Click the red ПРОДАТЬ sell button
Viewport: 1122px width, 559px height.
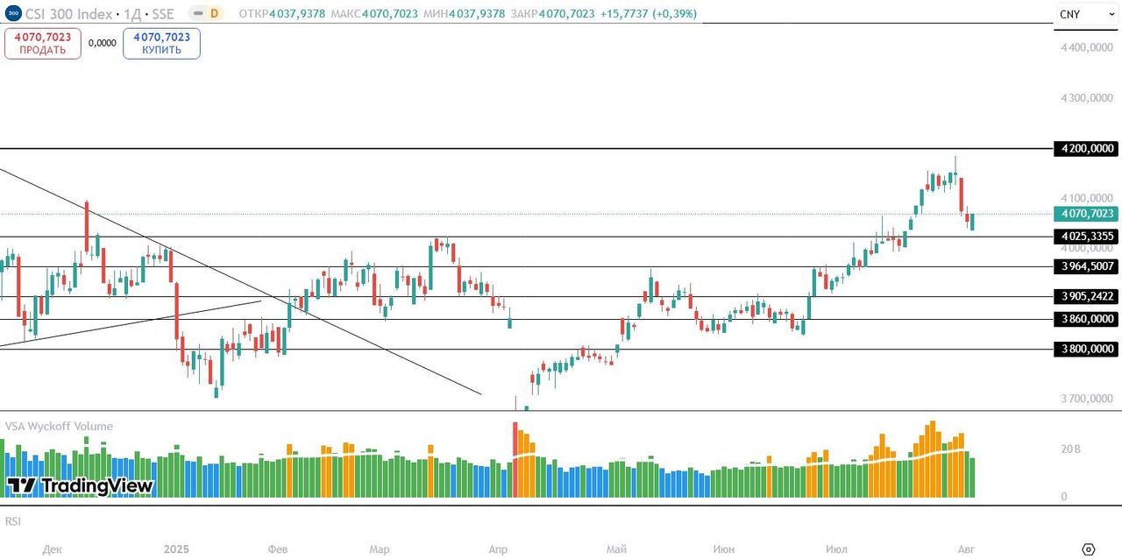click(42, 43)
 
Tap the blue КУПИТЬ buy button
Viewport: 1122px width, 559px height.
click(161, 43)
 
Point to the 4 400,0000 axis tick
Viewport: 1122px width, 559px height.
click(1087, 47)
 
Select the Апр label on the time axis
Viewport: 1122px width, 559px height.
click(497, 549)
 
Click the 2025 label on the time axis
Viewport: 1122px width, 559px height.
click(176, 549)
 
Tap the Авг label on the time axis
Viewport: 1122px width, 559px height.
click(965, 549)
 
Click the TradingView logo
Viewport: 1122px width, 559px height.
click(80, 486)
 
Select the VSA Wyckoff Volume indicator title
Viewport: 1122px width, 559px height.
click(59, 427)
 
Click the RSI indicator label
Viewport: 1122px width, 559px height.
click(13, 521)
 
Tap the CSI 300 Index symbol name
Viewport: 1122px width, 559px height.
click(68, 14)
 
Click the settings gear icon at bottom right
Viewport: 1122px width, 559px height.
click(1089, 549)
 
